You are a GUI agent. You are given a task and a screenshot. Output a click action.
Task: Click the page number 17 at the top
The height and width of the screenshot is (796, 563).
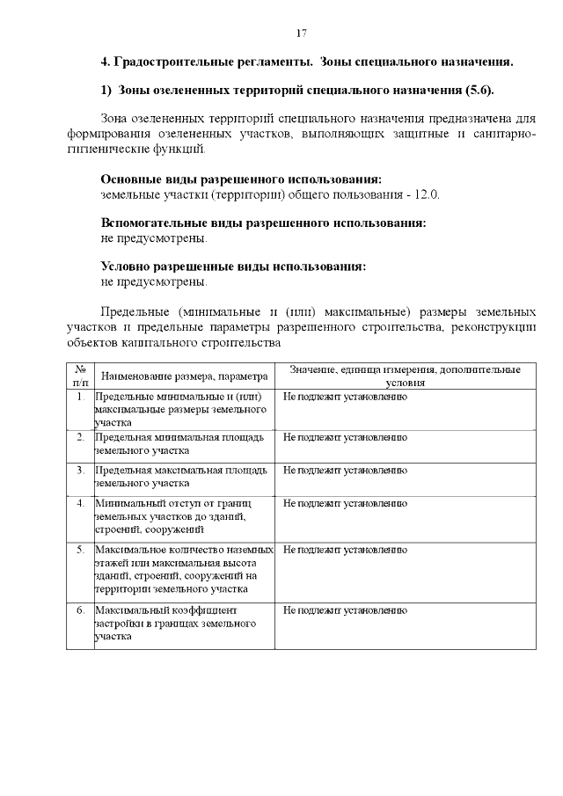(301, 33)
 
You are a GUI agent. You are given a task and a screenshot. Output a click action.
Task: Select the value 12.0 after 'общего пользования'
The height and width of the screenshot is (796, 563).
(427, 194)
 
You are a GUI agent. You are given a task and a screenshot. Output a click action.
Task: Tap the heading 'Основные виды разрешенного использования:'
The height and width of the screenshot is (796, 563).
(241, 179)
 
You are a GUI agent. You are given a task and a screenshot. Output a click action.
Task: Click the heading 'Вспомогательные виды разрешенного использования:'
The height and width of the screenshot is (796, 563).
(264, 223)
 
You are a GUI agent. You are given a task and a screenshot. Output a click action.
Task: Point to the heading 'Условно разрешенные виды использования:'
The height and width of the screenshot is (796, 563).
(233, 267)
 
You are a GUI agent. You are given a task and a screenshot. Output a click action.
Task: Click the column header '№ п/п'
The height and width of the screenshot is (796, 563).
(80, 376)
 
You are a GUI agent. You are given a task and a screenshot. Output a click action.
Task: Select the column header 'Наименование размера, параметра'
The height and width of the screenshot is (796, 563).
(183, 376)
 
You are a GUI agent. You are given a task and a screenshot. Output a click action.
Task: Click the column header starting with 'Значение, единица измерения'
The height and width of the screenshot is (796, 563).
(405, 376)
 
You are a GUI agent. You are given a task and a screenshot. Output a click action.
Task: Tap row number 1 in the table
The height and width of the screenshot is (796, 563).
(80, 398)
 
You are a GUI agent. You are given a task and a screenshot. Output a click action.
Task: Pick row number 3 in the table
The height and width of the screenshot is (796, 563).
(80, 471)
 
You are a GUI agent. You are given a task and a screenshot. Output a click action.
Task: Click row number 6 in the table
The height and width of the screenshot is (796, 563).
(80, 610)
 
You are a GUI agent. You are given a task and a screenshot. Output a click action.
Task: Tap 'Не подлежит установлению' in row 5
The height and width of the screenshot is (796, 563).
(345, 550)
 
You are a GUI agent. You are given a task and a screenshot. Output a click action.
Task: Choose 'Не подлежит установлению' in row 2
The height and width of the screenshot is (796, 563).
(345, 436)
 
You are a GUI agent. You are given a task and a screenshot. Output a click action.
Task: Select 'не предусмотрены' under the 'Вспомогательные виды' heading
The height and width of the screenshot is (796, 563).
(155, 237)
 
